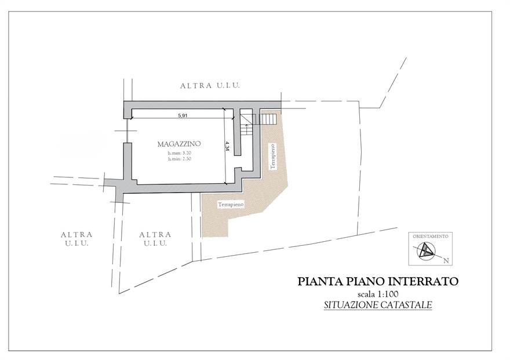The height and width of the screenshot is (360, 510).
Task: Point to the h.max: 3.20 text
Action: (179, 152)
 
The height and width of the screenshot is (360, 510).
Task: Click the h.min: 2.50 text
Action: (179, 158)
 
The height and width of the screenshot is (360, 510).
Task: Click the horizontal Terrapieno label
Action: (231, 205)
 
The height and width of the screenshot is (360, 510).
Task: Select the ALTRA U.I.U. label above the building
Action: (210, 85)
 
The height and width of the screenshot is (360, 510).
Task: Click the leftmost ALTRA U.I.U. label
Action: (76, 239)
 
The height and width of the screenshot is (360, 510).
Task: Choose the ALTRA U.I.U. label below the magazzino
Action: (155, 239)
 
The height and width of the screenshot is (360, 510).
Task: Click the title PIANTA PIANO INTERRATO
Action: (378, 282)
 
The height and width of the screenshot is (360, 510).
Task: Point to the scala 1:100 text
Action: (378, 294)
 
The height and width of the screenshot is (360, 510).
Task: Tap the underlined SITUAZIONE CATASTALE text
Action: (378, 305)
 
